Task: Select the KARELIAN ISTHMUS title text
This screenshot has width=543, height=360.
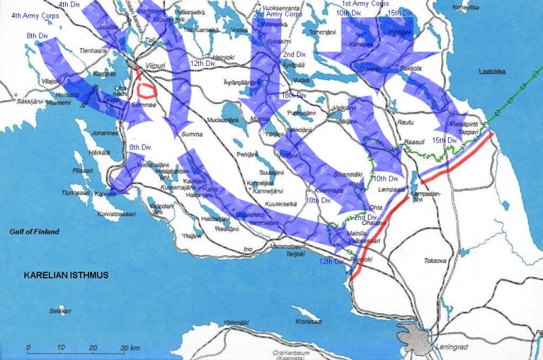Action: [x=66, y=276]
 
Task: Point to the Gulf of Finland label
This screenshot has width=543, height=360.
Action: [x=34, y=232]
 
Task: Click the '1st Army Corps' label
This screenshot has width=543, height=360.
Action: [x=365, y=5]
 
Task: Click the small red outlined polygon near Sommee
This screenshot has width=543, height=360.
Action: [x=146, y=89]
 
